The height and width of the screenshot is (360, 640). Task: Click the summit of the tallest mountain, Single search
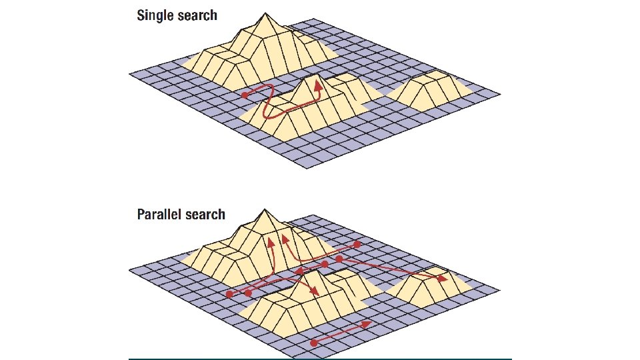(x=267, y=13)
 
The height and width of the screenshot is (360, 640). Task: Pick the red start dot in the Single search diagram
(x=245, y=95)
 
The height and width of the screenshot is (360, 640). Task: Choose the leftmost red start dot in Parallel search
(x=230, y=293)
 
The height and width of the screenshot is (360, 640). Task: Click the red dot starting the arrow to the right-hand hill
(x=339, y=258)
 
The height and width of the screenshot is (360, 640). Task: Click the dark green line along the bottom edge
(x=320, y=359)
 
